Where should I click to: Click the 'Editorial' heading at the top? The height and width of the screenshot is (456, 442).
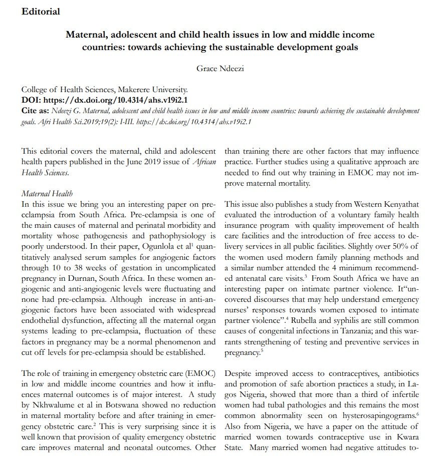click(x=41, y=11)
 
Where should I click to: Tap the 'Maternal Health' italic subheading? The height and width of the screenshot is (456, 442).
click(x=47, y=193)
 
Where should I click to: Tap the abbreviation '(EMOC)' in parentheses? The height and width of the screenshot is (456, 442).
click(x=201, y=373)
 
